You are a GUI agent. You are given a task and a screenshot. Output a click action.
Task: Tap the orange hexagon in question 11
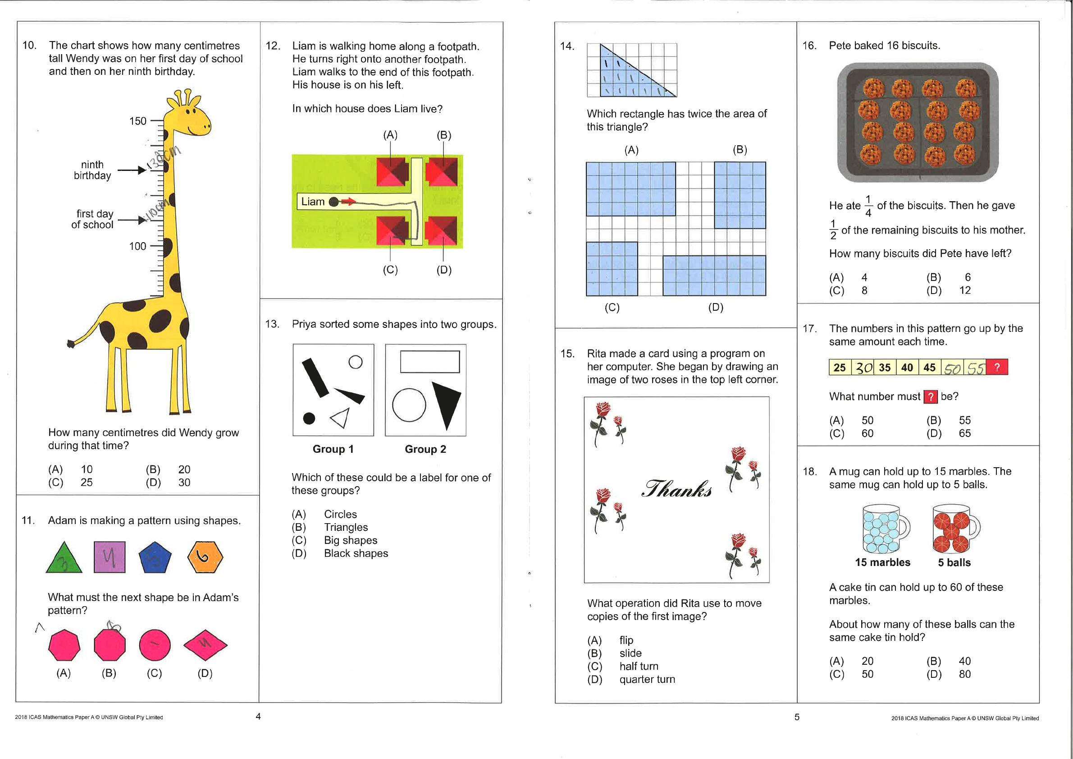pyautogui.click(x=205, y=557)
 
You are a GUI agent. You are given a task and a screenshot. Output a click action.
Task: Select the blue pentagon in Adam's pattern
pyautogui.click(x=155, y=558)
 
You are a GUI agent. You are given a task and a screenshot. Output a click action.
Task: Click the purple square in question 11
pyautogui.click(x=110, y=557)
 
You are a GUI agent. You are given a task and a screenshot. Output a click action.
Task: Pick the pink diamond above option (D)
pyautogui.click(x=205, y=645)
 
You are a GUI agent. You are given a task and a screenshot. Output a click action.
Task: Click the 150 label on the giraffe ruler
pyautogui.click(x=137, y=121)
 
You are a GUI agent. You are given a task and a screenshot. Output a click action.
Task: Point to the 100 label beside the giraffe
pyautogui.click(x=137, y=246)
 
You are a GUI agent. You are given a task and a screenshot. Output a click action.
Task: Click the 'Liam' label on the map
pyautogui.click(x=313, y=202)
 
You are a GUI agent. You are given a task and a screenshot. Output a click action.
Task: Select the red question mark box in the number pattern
pyautogui.click(x=997, y=367)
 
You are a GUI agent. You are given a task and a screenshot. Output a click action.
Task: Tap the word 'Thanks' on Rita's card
pyautogui.click(x=677, y=489)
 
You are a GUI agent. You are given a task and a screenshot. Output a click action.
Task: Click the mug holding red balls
pyautogui.click(x=954, y=529)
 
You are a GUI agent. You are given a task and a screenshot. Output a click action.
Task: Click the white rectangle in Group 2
pyautogui.click(x=429, y=362)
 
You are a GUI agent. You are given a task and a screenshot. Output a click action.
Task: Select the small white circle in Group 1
pyautogui.click(x=356, y=362)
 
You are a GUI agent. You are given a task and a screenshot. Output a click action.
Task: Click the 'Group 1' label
pyautogui.click(x=333, y=449)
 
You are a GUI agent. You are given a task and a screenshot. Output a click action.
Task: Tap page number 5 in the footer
pyautogui.click(x=797, y=717)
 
